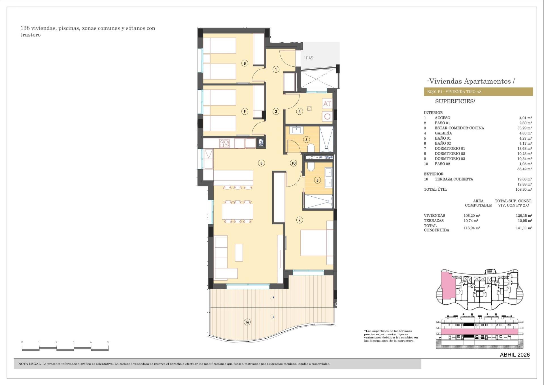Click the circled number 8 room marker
pos(245,63)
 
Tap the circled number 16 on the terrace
pos(247,322)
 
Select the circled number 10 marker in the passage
pos(293,163)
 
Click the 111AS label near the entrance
pos(308,58)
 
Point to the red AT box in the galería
pos(327,104)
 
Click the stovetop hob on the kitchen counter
pos(224,143)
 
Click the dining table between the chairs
pos(237,211)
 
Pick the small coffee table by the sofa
pos(239,253)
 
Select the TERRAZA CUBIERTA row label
pos(454,179)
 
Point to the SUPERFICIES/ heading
pos(455,101)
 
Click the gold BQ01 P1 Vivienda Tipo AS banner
pos(478,92)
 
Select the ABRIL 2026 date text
pos(515,355)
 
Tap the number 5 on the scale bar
pos(108,342)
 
